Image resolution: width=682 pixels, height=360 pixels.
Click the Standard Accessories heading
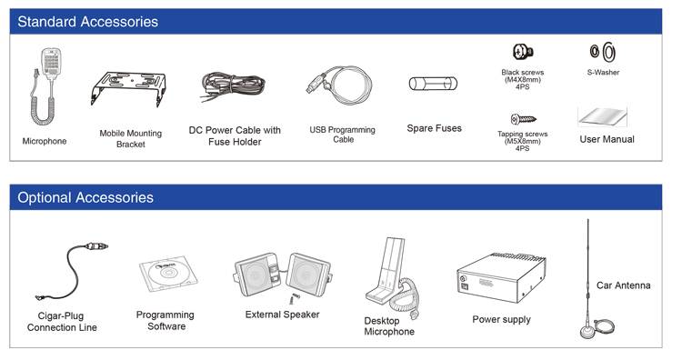[88, 22]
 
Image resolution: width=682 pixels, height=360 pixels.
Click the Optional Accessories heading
[85, 197]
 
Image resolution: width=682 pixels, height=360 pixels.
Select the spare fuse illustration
[433, 84]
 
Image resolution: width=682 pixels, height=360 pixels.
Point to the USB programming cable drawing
[340, 85]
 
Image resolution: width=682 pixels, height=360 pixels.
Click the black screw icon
[522, 52]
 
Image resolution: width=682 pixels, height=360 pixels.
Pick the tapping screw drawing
[523, 119]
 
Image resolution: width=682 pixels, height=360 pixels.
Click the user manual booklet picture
[602, 116]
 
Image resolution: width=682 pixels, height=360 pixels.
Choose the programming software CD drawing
[168, 274]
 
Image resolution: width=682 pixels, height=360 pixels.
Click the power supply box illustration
[501, 277]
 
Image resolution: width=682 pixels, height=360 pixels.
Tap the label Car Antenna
[623, 285]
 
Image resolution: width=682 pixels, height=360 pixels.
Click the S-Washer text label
[603, 72]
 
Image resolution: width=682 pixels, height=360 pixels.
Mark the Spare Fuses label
[434, 128]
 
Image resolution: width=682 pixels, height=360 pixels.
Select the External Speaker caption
[282, 315]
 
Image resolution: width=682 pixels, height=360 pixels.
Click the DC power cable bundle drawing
[233, 85]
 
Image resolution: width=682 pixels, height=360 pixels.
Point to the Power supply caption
[501, 320]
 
